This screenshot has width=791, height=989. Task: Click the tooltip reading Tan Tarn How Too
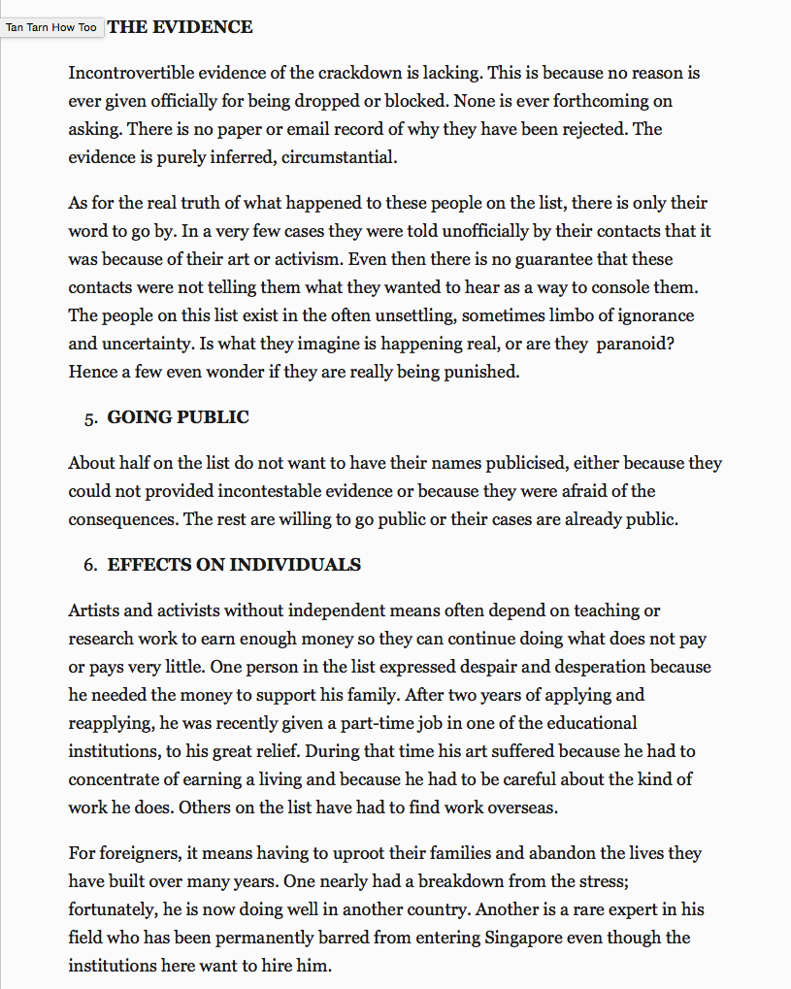click(x=51, y=27)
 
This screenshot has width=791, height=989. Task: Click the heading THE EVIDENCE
click(x=180, y=27)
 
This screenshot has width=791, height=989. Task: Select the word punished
click(x=481, y=371)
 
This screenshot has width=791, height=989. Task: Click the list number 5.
click(x=90, y=418)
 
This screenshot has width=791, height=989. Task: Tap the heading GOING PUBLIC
click(x=178, y=417)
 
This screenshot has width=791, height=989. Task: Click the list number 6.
click(x=90, y=566)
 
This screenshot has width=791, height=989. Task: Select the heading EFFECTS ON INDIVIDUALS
click(x=234, y=565)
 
